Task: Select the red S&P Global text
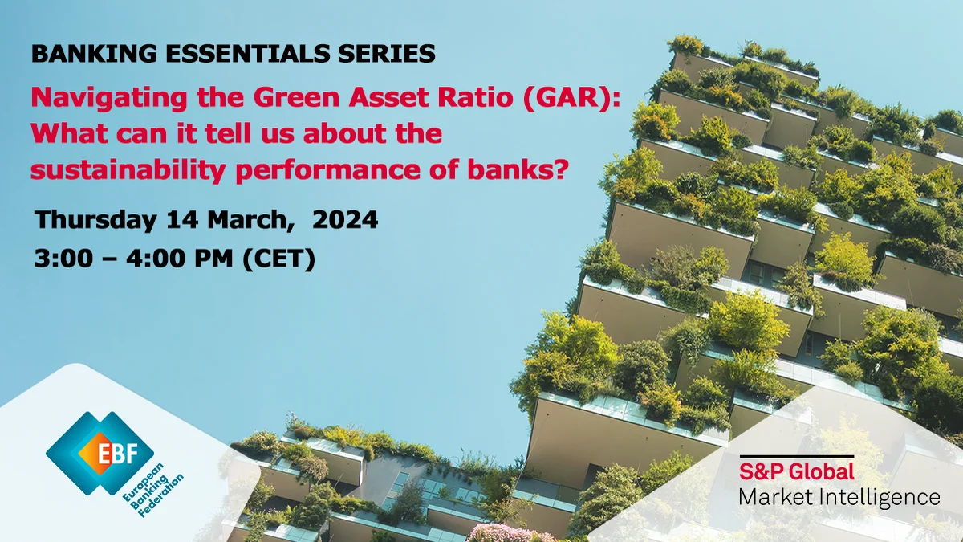(796, 471)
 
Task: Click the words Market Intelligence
(839, 497)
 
